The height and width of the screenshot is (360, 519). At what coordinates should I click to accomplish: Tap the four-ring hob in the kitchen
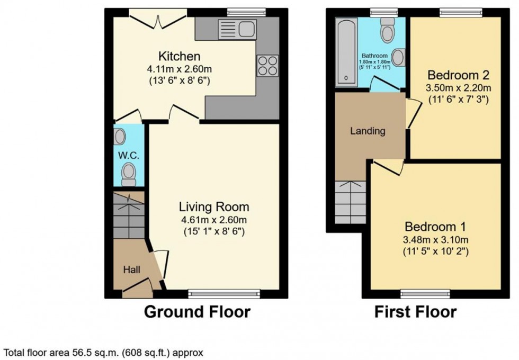267,66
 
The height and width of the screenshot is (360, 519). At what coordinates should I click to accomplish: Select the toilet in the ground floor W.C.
128,174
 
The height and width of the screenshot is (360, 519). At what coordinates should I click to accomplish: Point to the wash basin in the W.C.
120,137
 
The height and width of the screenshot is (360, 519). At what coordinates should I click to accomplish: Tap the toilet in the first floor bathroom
388,30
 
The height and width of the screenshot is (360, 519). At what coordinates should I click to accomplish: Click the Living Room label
213,207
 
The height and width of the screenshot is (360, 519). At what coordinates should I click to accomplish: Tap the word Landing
368,131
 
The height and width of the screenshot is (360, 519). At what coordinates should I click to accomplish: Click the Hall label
131,270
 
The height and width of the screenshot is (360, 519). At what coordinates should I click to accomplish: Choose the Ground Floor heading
197,312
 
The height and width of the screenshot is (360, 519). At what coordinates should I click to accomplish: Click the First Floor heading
415,312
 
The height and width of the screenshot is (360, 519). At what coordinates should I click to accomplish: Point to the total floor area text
103,352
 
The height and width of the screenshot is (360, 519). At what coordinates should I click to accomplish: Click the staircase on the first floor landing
351,202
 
